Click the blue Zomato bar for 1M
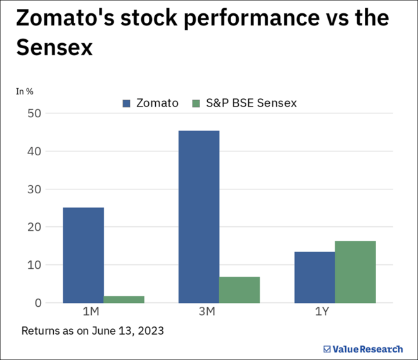pyautogui.click(x=83, y=255)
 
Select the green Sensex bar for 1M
pyautogui.click(x=124, y=299)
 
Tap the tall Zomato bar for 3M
pyautogui.click(x=199, y=217)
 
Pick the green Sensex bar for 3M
pyautogui.click(x=239, y=290)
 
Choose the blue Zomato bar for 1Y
pyautogui.click(x=315, y=277)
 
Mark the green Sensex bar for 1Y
pyautogui.click(x=355, y=271)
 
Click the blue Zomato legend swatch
pyautogui.click(x=127, y=103)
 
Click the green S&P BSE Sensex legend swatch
pyautogui.click(x=196, y=103)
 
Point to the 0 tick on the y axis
pyautogui.click(x=38, y=303)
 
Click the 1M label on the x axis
pyautogui.click(x=90, y=312)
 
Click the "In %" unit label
pyautogui.click(x=25, y=91)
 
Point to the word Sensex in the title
pyautogui.click(x=54, y=48)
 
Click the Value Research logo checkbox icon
pyautogui.click(x=327, y=349)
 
